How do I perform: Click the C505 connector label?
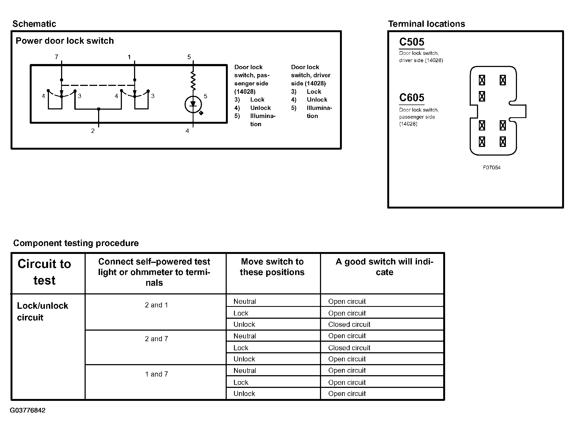[x=412, y=42]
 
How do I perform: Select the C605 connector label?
[x=412, y=98]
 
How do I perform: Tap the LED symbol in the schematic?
[x=193, y=105]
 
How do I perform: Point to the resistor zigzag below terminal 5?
[x=193, y=80]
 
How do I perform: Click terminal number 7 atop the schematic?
[x=56, y=57]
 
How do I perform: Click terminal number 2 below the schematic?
[x=93, y=131]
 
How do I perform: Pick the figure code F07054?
[x=492, y=168]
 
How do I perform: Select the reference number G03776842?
[x=28, y=410]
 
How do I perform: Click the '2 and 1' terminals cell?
[x=156, y=305]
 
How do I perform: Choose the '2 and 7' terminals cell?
[x=156, y=339]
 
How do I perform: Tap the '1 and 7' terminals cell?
[x=156, y=374]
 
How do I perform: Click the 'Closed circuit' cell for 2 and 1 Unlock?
[x=349, y=324]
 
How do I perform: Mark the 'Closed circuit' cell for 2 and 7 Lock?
[x=349, y=348]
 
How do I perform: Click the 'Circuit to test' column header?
[x=44, y=272]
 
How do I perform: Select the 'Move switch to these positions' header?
[x=272, y=267]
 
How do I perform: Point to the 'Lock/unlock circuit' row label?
[x=42, y=311]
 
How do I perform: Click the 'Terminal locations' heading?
[x=426, y=24]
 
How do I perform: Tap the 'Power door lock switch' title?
[x=65, y=41]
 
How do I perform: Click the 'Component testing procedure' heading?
[x=76, y=243]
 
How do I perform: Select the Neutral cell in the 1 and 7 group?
[x=245, y=371]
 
